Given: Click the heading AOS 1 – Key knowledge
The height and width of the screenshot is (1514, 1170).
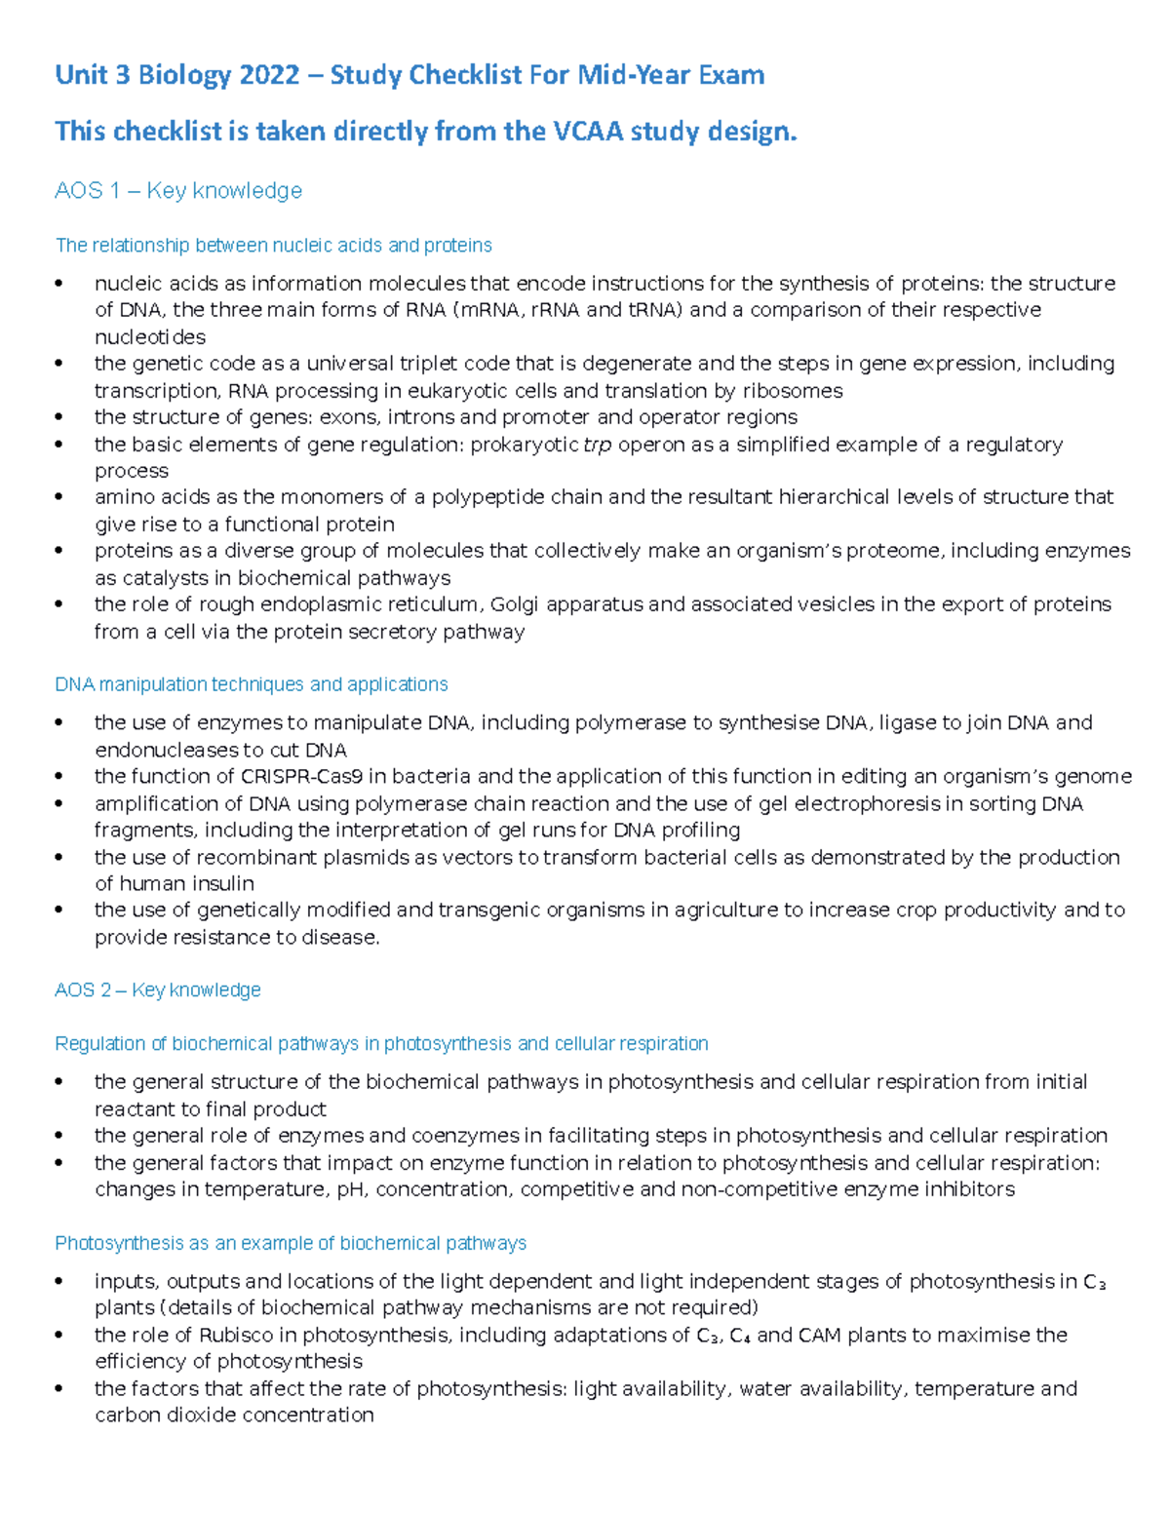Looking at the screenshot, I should coord(178,191).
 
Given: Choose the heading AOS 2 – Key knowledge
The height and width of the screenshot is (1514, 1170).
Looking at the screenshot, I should coord(158,990).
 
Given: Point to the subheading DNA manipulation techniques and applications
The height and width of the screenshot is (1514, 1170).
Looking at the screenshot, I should coord(252,684).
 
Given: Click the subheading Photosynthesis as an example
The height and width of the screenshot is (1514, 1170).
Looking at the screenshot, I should coord(291,1243).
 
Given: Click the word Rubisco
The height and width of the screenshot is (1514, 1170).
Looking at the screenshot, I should coord(238,1335).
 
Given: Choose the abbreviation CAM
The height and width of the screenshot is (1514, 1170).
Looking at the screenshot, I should coord(820,1335).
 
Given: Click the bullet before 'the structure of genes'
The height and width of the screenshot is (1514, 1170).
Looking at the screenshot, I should coord(60,417).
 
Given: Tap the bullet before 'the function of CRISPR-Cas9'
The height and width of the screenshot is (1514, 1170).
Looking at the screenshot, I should coord(60,777).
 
